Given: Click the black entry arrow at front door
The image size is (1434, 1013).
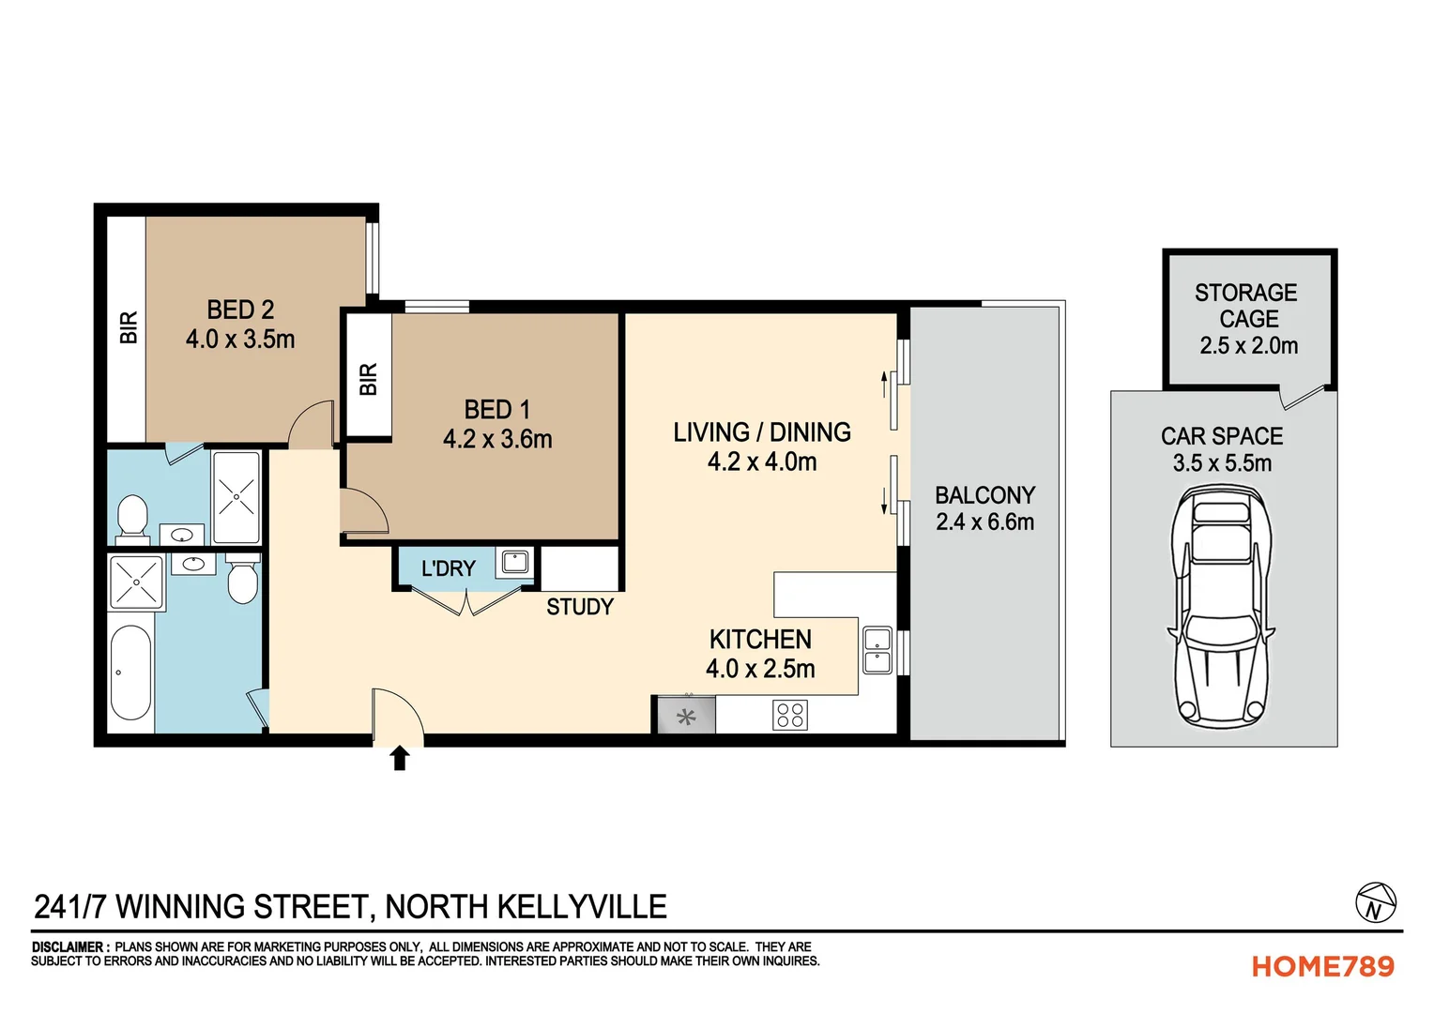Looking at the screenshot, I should tap(400, 757).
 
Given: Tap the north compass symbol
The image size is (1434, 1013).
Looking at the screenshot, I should tap(1375, 903).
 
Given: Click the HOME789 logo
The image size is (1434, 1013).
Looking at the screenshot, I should tap(1322, 966).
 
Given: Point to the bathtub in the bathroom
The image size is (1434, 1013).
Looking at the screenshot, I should tap(130, 672).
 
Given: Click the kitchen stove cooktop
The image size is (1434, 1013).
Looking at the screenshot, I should tap(789, 715).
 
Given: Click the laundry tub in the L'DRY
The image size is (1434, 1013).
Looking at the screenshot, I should tap(515, 562).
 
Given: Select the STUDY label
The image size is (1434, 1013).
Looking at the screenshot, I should tap(580, 607).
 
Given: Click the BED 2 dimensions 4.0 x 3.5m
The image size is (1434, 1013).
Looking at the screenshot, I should tap(240, 340).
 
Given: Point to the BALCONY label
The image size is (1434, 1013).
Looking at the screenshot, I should tap(984, 495).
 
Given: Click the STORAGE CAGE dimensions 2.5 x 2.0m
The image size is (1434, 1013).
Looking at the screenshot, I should tap(1248, 346).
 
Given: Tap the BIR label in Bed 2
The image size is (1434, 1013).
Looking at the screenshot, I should tap(129, 327).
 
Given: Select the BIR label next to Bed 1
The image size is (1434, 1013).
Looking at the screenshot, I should tap(368, 379).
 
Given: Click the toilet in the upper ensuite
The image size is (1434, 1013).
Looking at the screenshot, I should tap(132, 518).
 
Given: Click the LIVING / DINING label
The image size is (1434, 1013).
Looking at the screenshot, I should tap(761, 432).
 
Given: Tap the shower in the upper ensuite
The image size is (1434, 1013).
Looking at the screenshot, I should tap(236, 497).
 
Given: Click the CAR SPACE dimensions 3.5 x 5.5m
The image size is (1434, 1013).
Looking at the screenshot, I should tap(1222, 463).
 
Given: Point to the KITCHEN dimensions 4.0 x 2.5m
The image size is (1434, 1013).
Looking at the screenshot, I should tap(760, 669).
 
